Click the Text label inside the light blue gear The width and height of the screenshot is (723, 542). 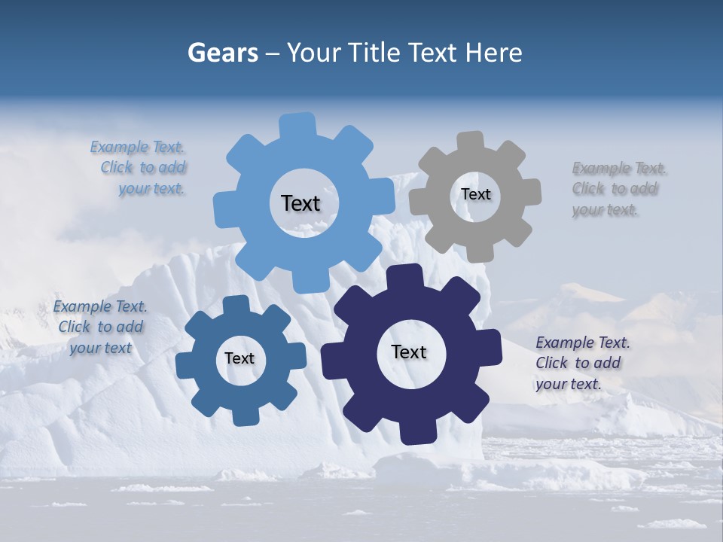pos(300,203)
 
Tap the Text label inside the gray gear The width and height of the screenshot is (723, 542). pos(475,194)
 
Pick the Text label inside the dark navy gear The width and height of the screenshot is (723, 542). pos(409,352)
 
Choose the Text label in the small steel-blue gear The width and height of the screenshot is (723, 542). pos(239,358)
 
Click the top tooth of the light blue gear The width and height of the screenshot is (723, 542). pos(297,126)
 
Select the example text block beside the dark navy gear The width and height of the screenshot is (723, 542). pos(583,363)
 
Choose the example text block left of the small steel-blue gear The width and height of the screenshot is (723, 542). pos(101,327)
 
